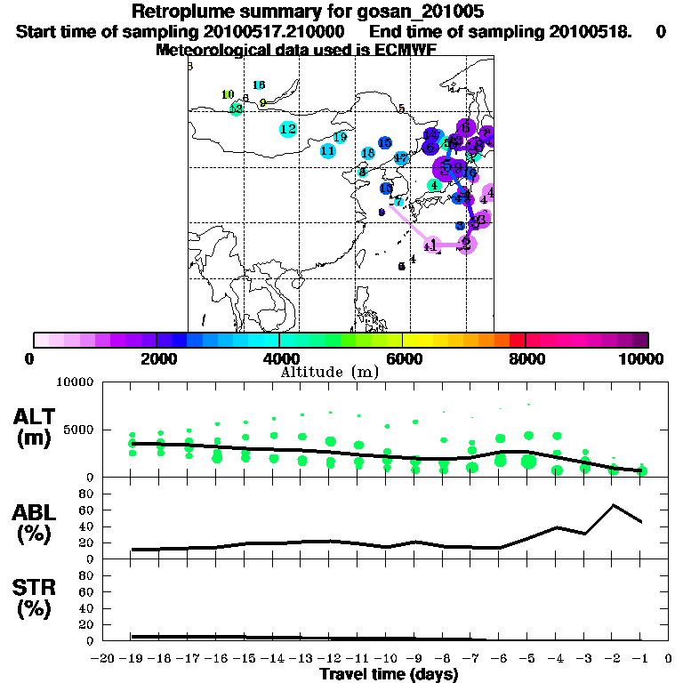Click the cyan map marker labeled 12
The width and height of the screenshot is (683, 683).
(287, 129)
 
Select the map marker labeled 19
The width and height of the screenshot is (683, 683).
(340, 137)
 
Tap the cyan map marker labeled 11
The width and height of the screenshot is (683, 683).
(327, 150)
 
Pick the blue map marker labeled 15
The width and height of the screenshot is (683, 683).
(385, 143)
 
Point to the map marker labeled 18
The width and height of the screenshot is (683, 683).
(367, 154)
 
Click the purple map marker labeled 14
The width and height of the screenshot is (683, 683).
(430, 135)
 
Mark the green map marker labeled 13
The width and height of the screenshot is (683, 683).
(236, 108)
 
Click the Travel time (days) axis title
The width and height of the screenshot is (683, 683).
(389, 674)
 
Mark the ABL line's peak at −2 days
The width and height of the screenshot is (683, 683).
(613, 505)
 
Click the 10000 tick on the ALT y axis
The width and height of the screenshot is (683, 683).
(76, 382)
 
